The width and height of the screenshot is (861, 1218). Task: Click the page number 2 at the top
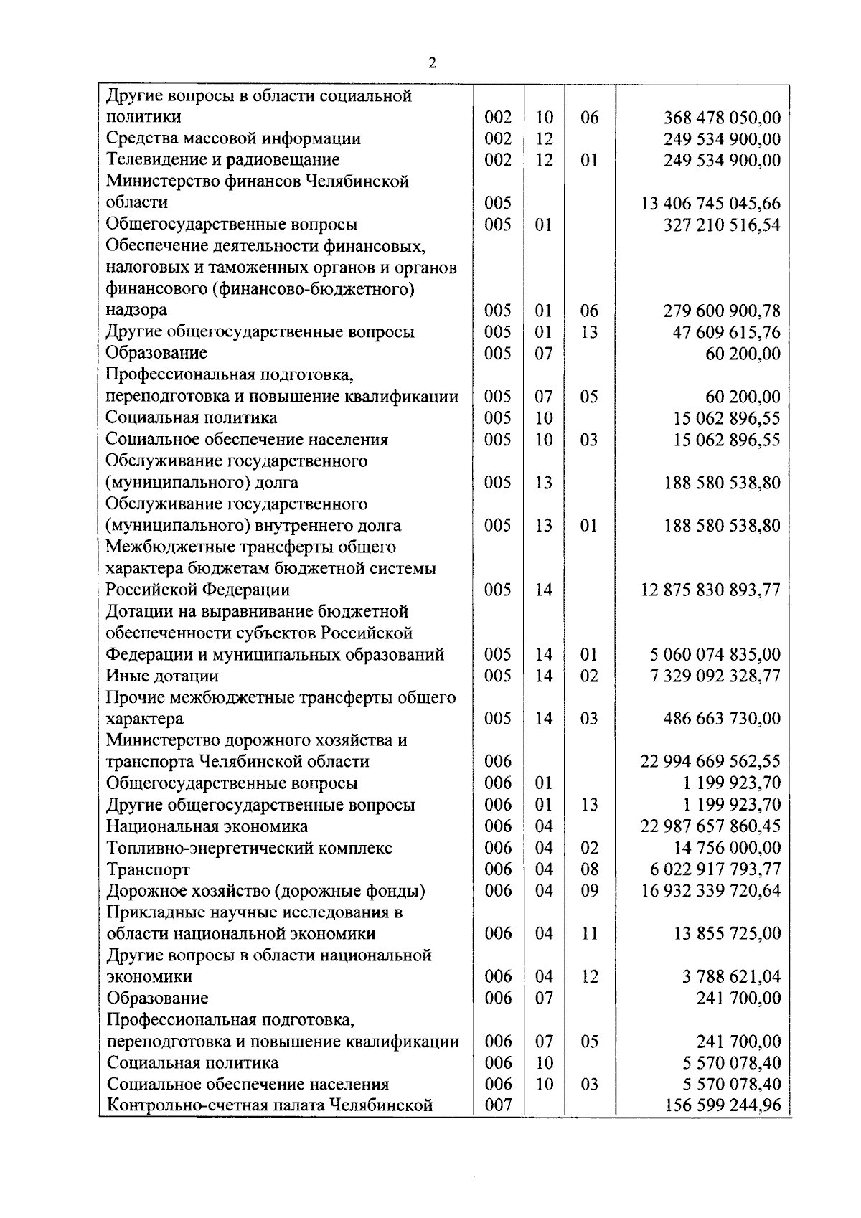(x=432, y=63)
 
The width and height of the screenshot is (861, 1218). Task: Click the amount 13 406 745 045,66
(x=710, y=203)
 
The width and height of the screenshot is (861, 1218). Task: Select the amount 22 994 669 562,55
(x=710, y=762)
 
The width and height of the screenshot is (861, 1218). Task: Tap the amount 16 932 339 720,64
(x=710, y=891)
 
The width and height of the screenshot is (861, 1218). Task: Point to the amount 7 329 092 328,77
(x=715, y=676)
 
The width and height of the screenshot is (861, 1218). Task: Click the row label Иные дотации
(x=162, y=676)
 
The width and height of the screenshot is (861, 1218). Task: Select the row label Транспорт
(x=148, y=869)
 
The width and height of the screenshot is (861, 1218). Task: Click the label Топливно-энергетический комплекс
(x=249, y=848)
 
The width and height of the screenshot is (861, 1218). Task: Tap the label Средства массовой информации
(x=233, y=138)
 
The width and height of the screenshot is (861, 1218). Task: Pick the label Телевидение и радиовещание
(x=222, y=160)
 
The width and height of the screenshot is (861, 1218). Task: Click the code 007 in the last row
(x=498, y=1105)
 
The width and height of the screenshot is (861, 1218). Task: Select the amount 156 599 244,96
(x=723, y=1105)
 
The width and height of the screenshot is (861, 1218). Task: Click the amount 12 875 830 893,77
(x=710, y=590)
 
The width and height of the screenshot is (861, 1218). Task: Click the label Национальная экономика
(x=207, y=826)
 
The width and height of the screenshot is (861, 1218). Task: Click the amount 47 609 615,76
(x=727, y=332)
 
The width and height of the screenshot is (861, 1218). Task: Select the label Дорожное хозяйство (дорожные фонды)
(x=265, y=891)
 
